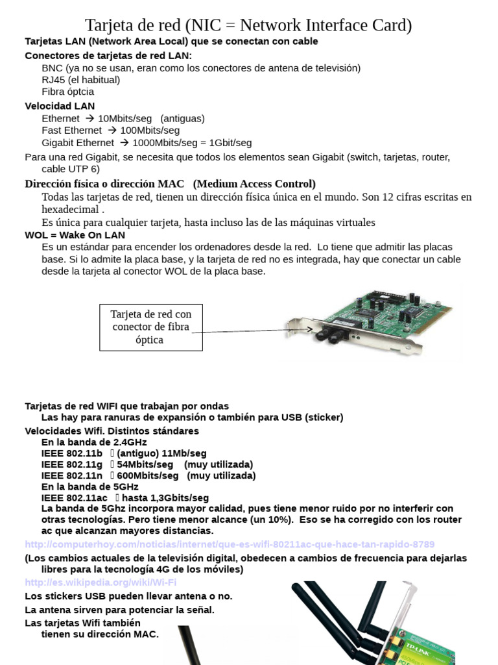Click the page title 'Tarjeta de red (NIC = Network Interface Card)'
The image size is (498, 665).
[x=248, y=25]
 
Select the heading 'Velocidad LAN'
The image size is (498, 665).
[x=60, y=106]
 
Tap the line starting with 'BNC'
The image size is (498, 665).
[x=201, y=68]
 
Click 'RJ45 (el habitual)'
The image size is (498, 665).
[x=80, y=80]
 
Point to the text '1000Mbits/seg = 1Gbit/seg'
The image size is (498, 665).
[x=192, y=142]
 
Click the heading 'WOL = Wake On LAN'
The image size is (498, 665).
[x=75, y=234]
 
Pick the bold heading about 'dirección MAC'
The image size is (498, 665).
[x=170, y=184]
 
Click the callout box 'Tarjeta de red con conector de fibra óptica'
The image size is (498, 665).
[x=150, y=327]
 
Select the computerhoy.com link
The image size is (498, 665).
[x=230, y=544]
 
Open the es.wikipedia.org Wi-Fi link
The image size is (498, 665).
[x=101, y=582]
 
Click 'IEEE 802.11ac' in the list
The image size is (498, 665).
[x=74, y=497]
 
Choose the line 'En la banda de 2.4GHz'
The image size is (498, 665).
[x=94, y=442]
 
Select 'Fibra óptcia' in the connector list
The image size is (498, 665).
[x=67, y=92]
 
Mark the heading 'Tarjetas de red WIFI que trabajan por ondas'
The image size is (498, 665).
[x=126, y=406]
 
